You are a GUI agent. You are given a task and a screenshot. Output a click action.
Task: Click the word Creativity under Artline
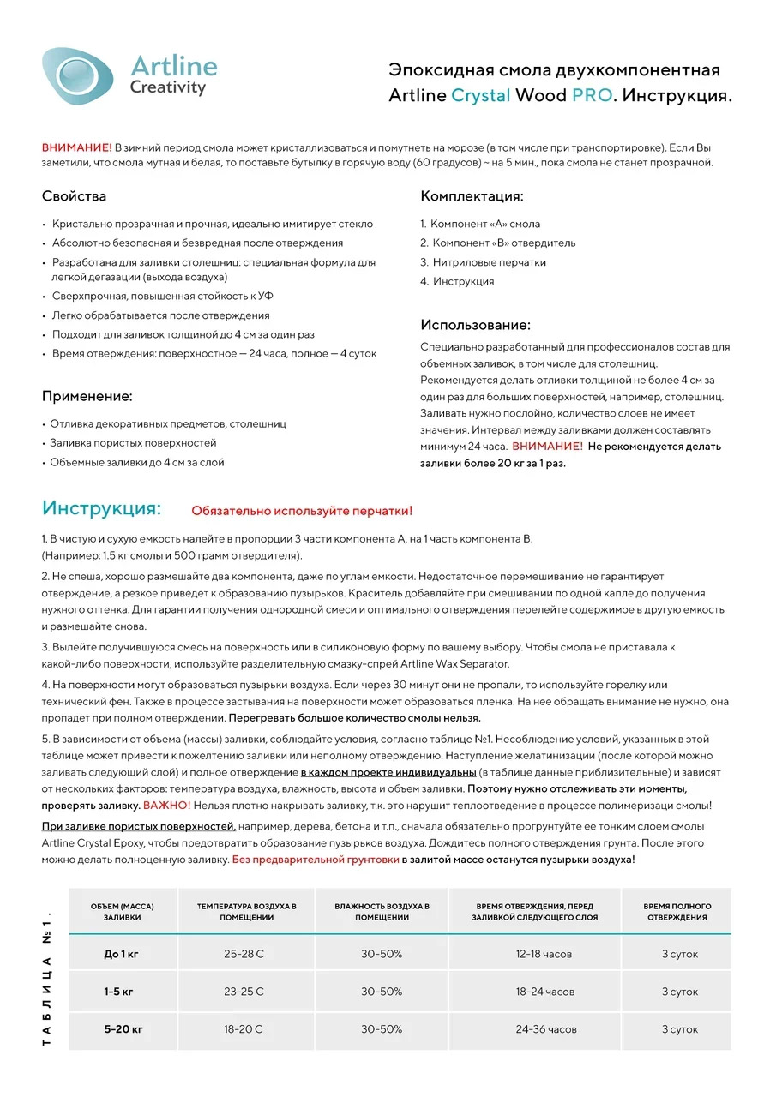tap(168, 87)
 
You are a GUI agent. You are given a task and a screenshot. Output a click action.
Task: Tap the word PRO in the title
tap(592, 95)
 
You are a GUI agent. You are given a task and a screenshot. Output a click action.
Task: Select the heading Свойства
tap(74, 196)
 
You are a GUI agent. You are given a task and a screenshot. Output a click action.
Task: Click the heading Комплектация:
tap(472, 196)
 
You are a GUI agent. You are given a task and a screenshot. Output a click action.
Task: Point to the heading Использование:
tap(475, 325)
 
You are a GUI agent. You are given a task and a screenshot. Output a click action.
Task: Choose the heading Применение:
tap(87, 396)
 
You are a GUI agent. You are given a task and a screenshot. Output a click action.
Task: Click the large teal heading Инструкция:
tap(101, 507)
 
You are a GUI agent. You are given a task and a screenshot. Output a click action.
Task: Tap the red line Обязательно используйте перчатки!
tap(302, 511)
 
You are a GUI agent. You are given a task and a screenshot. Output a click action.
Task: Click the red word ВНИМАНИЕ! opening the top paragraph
tap(77, 147)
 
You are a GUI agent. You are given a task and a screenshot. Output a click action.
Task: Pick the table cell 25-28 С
tap(244, 954)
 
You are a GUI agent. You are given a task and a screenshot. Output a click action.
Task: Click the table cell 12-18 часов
tap(544, 954)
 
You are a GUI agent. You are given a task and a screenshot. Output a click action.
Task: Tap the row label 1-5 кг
tap(119, 992)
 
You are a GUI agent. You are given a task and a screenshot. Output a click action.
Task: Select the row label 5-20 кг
tap(123, 1029)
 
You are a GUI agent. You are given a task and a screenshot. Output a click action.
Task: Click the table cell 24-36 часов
tap(545, 1029)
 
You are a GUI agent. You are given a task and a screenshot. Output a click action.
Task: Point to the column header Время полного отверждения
tap(677, 912)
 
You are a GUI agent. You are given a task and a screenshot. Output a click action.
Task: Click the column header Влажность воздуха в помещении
tap(382, 912)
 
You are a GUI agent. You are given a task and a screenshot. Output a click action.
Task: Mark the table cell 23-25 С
tap(244, 992)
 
